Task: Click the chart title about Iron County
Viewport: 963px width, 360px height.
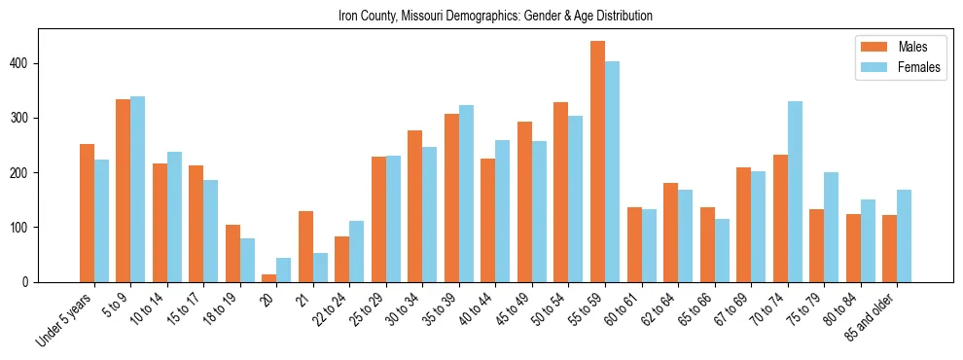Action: tap(495, 16)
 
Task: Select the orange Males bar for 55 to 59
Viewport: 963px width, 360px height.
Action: tap(597, 162)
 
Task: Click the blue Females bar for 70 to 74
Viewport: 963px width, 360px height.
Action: tap(795, 192)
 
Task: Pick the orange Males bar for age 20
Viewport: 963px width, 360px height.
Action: tap(268, 278)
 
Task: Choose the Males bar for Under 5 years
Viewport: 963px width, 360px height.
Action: tap(87, 213)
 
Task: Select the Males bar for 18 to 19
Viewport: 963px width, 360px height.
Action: tap(232, 253)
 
